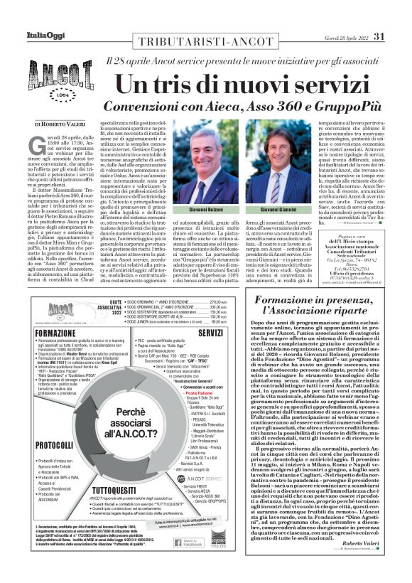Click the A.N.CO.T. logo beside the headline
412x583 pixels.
pos(53,84)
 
